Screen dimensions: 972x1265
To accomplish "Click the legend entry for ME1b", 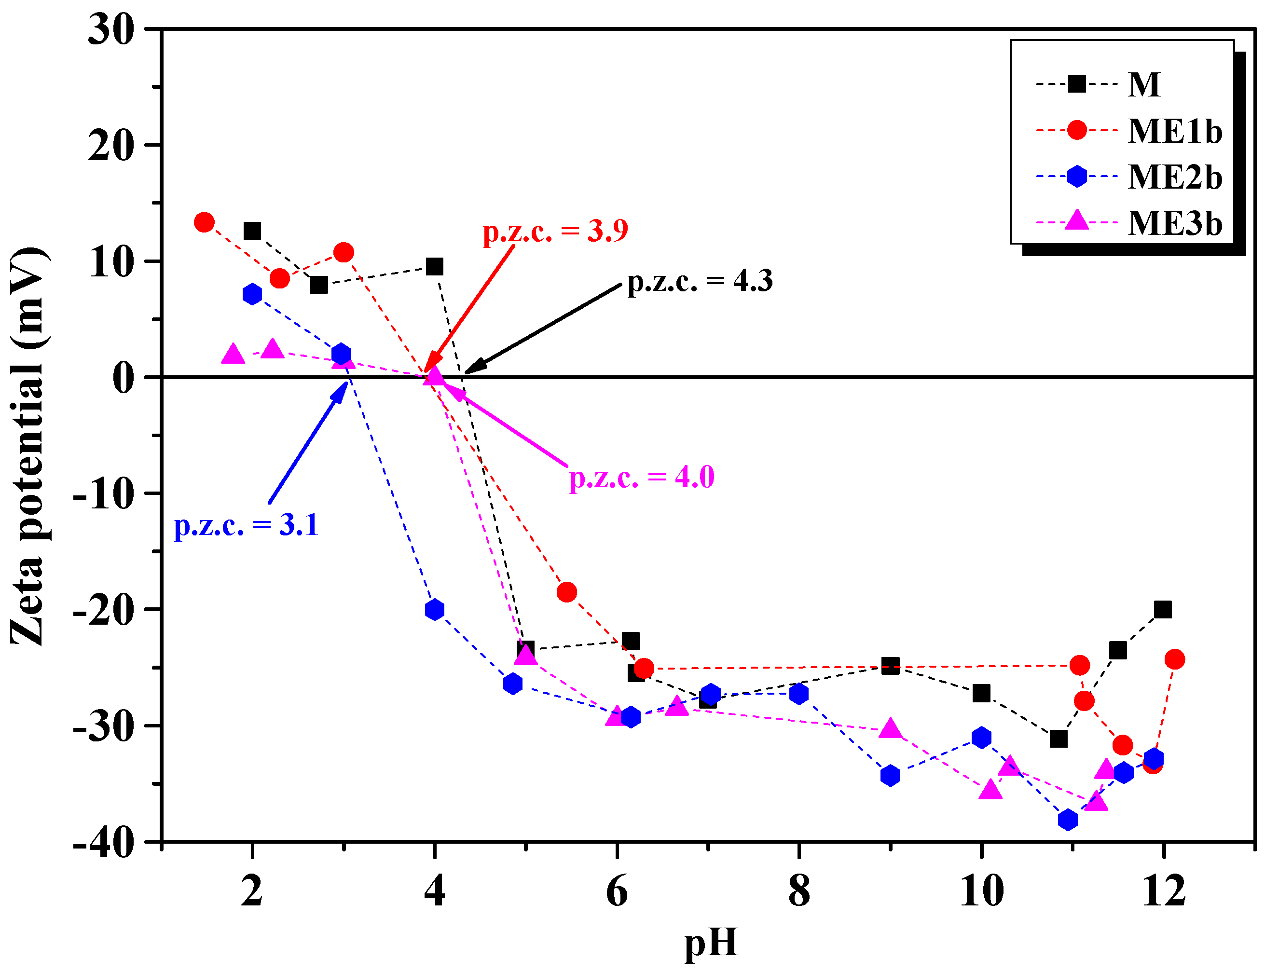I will point(1174,131).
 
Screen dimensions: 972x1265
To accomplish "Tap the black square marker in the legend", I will point(1076,84).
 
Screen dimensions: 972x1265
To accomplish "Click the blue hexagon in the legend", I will point(1076,176).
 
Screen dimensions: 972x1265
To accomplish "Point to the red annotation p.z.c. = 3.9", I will point(555,232).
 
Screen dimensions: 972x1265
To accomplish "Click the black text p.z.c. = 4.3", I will point(700,281).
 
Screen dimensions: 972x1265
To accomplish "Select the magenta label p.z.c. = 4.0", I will point(641,478).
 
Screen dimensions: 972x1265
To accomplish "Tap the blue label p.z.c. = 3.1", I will point(247,525).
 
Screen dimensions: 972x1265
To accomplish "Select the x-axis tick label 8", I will point(798,891).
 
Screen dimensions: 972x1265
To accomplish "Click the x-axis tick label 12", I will point(1163,891).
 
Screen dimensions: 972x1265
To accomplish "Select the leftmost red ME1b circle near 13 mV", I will point(204,222).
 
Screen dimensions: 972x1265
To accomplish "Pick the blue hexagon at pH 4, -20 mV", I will point(434,610).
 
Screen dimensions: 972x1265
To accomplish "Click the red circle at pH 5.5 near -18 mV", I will point(566,592).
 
